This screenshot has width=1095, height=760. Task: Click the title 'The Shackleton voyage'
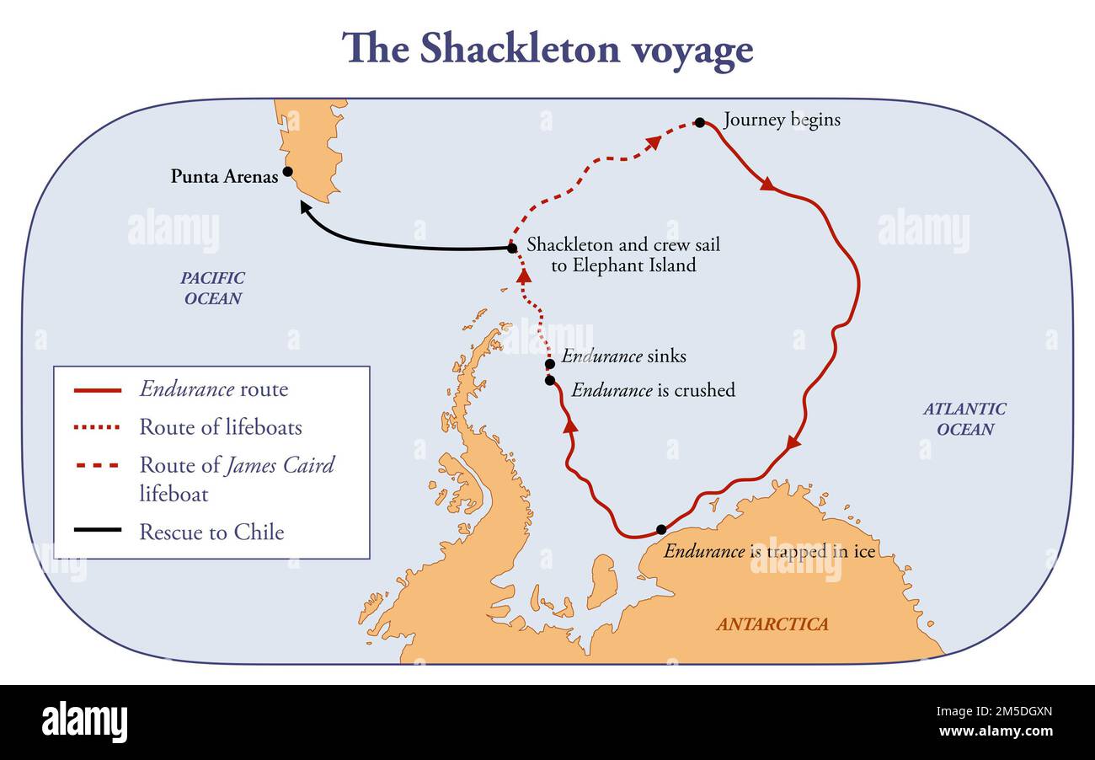[x=547, y=49]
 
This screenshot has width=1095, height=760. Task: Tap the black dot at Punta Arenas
[x=287, y=171]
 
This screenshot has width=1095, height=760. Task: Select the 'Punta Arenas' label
[x=224, y=177]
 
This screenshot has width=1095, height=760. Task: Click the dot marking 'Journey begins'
[x=699, y=122]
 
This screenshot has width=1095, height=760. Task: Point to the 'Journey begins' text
[x=782, y=120]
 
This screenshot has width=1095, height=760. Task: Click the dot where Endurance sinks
[x=550, y=365]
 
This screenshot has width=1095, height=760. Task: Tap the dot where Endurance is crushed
[x=550, y=380]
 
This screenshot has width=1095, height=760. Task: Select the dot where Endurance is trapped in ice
[x=661, y=529]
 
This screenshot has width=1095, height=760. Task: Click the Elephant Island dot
[x=511, y=248]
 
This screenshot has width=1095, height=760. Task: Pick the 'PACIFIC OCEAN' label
[x=212, y=288]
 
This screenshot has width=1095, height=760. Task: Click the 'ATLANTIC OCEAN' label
[x=964, y=419]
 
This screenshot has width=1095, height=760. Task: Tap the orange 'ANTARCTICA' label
[x=772, y=624]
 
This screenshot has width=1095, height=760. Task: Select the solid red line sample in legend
[x=98, y=390]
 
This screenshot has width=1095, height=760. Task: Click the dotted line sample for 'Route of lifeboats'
[x=98, y=428]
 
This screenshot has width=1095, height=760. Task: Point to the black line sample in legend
[x=98, y=533]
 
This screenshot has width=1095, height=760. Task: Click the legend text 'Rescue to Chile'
[x=211, y=533]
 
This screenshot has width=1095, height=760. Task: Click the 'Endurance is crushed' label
[x=653, y=390]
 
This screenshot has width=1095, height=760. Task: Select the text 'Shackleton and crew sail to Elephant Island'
[x=623, y=255]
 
